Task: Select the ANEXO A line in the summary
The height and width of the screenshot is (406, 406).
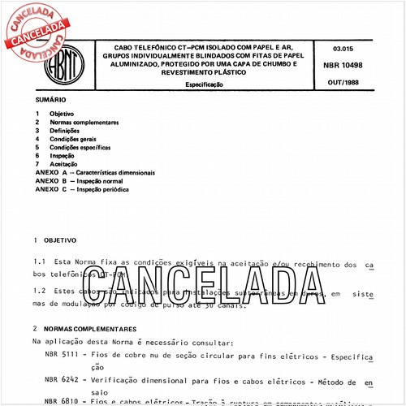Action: click(95, 172)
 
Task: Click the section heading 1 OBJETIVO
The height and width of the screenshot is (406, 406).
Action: click(55, 241)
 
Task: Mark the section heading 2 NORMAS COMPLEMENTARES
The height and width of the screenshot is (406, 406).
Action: click(85, 329)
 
